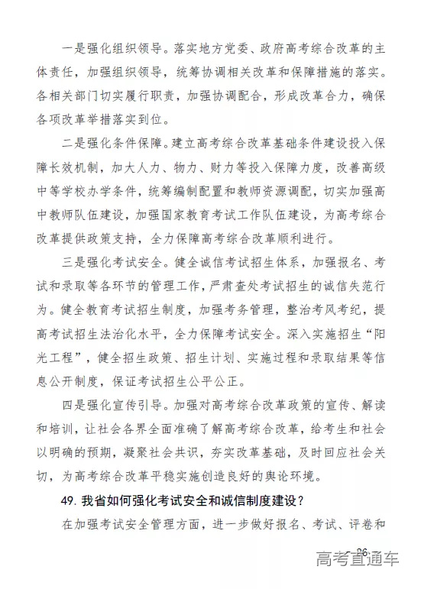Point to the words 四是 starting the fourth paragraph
click(70, 403)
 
